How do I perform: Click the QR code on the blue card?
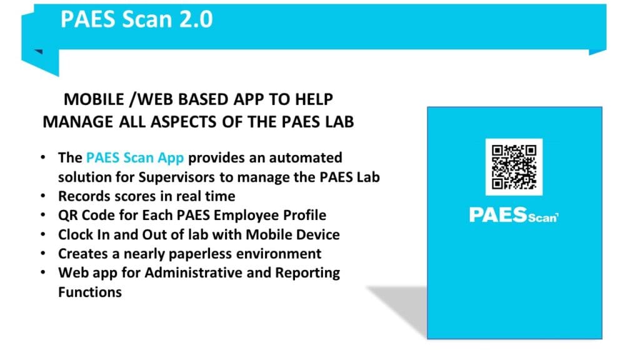(x=514, y=167)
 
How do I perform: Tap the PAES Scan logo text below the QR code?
(x=514, y=215)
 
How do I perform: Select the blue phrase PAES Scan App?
(x=135, y=157)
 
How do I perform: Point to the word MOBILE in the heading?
(x=94, y=99)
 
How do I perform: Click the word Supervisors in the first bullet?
(x=176, y=177)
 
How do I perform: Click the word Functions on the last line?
(x=90, y=292)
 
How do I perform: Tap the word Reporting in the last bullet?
(x=307, y=272)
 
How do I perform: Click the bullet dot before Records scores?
(x=43, y=196)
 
